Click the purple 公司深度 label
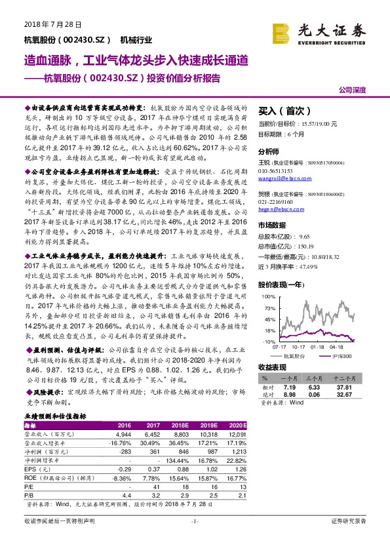click(x=353, y=90)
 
